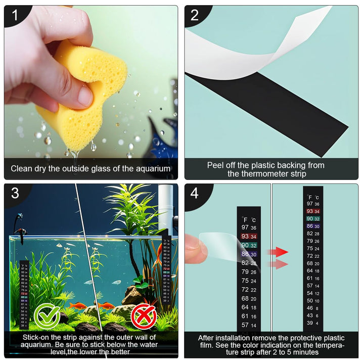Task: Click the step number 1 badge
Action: point(15,15)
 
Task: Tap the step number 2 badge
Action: point(195,15)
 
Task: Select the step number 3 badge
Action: point(15,193)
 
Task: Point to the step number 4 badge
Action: point(195,193)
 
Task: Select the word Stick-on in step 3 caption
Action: point(37,337)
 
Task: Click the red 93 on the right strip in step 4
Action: point(309,211)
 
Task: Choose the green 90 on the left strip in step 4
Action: point(245,245)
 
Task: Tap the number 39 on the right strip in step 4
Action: point(309,323)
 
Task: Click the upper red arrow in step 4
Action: point(278,252)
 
